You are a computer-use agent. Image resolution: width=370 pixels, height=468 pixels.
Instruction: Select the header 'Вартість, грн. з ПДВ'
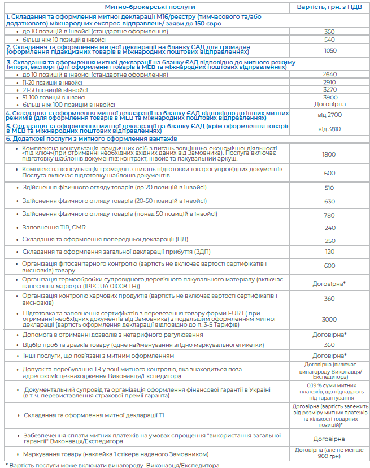pos(329,7)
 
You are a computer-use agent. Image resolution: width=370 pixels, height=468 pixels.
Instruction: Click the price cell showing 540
pos(329,40)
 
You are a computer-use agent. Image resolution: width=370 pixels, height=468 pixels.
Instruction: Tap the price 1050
pos(329,50)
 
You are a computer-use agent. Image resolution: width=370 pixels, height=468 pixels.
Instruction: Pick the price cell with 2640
pos(329,75)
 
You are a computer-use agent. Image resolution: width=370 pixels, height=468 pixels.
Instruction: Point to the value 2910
pos(329,82)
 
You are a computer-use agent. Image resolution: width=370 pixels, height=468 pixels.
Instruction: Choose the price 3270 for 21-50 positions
pos(329,89)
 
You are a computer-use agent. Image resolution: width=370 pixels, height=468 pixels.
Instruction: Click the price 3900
pos(329,97)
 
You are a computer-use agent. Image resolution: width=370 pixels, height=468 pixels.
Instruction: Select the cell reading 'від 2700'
pos(329,115)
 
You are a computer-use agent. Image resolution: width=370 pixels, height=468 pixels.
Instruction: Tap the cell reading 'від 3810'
pos(329,129)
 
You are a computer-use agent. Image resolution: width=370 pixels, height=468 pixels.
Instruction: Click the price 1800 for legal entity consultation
pos(329,154)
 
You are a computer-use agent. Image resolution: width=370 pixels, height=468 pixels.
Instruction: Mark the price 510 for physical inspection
pos(329,188)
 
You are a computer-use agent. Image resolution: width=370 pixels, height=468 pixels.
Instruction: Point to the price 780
pos(329,215)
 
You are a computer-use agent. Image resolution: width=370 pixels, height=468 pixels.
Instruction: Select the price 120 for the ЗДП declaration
pos(329,251)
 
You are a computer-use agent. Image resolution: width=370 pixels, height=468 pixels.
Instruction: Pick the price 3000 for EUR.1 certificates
pos(329,319)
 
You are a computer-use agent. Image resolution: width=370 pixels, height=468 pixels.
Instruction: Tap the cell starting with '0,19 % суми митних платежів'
pos(329,390)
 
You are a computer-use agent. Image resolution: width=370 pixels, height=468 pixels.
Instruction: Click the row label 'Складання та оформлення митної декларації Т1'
pos(94,415)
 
